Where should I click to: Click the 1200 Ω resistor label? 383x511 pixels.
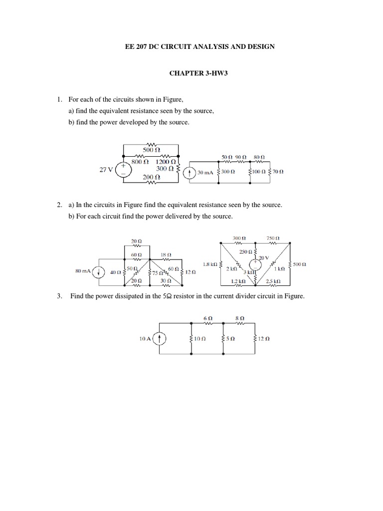(166, 162)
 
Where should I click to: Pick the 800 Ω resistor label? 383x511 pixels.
(140, 162)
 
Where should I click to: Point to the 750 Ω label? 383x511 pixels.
(272, 238)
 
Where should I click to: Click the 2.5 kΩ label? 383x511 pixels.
(272, 281)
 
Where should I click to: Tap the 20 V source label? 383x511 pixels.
(262, 257)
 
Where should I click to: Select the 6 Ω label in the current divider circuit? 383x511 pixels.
(208, 317)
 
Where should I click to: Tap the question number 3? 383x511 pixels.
(59, 296)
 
